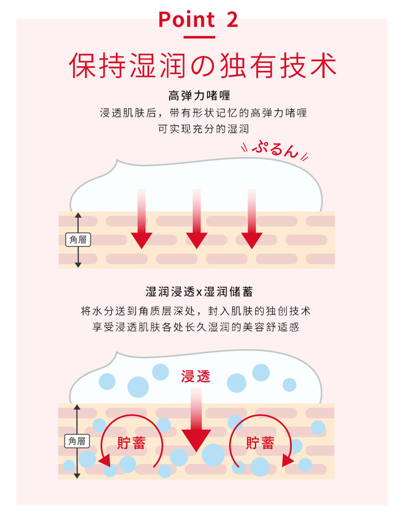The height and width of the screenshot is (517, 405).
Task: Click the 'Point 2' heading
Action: [x=198, y=19]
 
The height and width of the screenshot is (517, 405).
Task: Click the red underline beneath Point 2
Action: [x=199, y=37]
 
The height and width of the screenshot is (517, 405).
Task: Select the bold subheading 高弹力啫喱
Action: [x=199, y=96]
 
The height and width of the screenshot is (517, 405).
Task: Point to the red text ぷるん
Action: [x=275, y=149]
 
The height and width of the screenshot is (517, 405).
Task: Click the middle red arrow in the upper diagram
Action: [x=197, y=219]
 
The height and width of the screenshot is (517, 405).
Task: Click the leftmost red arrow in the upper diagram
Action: [x=141, y=219]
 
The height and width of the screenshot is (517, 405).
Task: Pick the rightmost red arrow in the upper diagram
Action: [x=252, y=219]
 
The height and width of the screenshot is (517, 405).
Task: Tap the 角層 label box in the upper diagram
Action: [x=78, y=240]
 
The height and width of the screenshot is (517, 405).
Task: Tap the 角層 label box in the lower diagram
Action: [x=77, y=441]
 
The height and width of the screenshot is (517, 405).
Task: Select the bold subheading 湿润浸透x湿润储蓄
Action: [x=199, y=292]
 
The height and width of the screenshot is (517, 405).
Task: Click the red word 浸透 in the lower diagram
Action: [x=196, y=376]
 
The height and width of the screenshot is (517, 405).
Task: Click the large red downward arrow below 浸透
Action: [x=196, y=419]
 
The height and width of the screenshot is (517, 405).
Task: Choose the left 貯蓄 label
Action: [x=131, y=443]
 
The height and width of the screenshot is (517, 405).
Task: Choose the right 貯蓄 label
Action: [x=260, y=443]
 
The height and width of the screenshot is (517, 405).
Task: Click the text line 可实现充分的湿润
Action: [x=203, y=129]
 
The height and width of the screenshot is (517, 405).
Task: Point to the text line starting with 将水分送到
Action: [x=196, y=311]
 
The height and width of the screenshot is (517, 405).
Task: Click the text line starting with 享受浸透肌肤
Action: [x=196, y=327]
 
